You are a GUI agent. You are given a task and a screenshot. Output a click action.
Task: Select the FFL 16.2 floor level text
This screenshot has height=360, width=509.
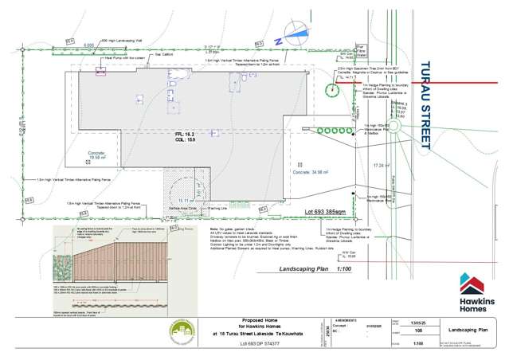[x=185, y=136]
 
